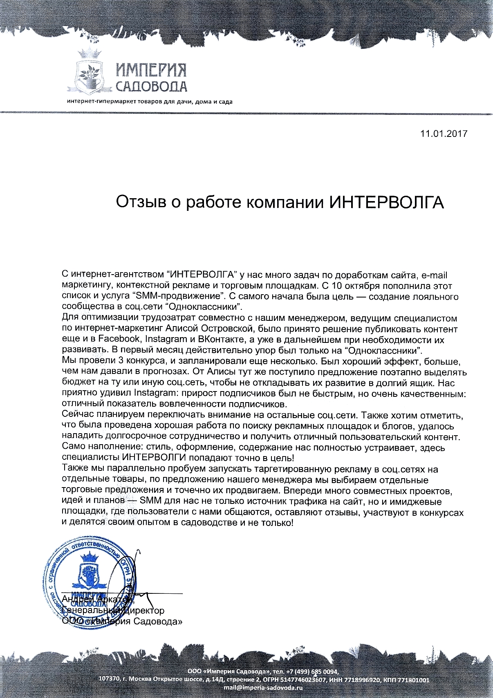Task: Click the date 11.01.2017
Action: [x=443, y=134]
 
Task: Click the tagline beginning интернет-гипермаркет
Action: [x=150, y=102]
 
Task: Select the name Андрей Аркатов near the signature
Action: [x=96, y=600]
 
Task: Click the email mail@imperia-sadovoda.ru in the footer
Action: [x=263, y=687]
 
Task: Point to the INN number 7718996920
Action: [x=361, y=680]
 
